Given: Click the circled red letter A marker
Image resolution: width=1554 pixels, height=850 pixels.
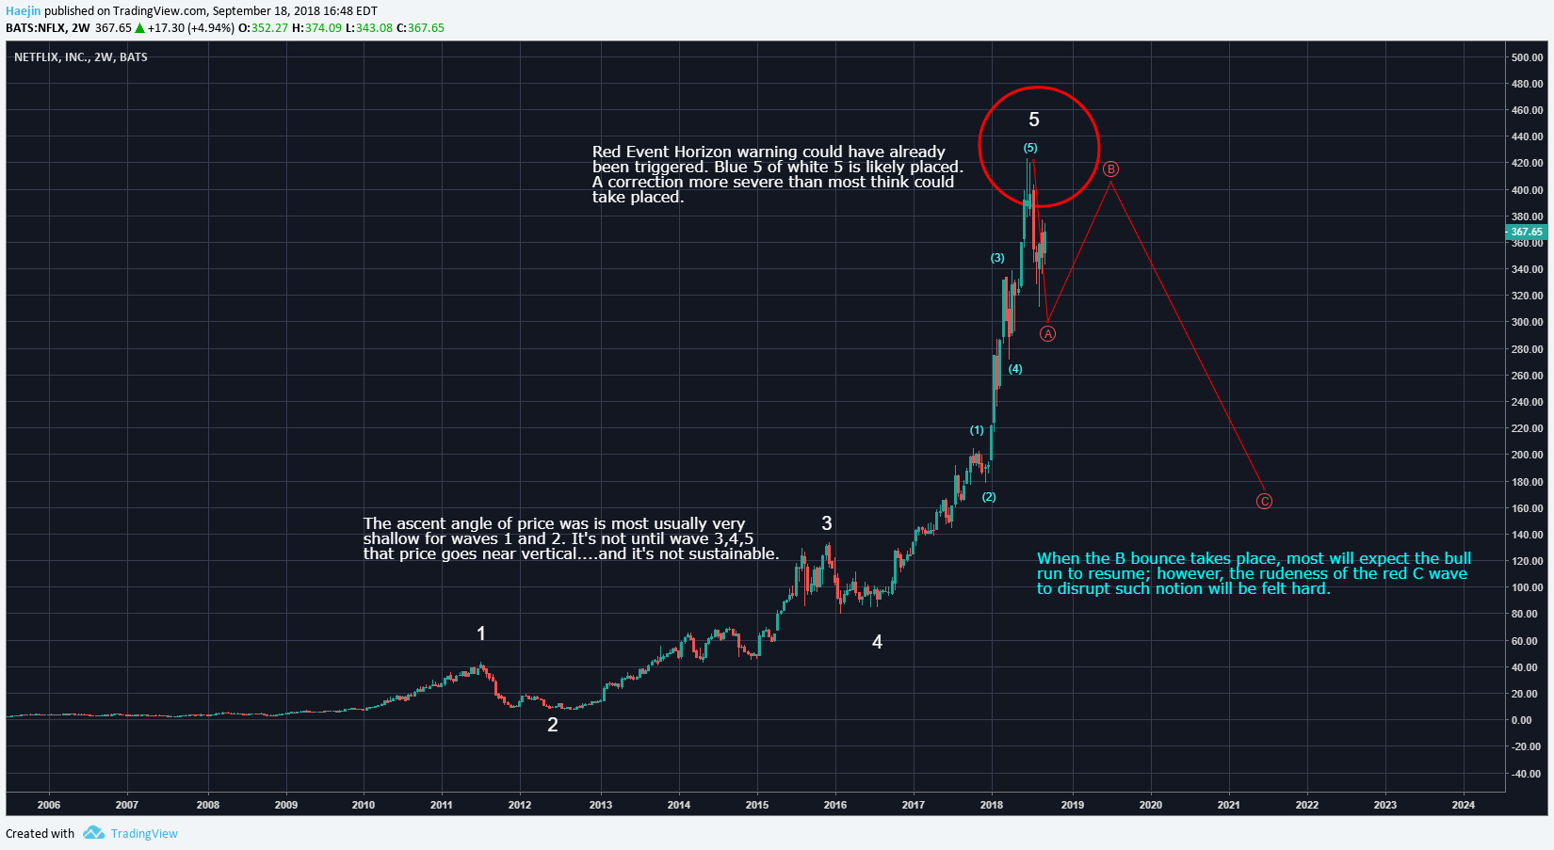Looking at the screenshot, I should point(1047,334).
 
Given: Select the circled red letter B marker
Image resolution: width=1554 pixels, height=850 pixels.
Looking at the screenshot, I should point(1110,169).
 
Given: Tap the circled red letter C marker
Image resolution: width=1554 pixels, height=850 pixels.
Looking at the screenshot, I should point(1264,502).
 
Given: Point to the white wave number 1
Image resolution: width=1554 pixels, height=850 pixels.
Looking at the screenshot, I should point(481,633).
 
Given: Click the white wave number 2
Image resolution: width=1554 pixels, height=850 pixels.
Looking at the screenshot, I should point(553,725).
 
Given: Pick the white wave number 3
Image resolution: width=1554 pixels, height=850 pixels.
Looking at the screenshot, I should point(827,523).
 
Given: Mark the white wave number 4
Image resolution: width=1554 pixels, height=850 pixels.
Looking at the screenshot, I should point(877,642).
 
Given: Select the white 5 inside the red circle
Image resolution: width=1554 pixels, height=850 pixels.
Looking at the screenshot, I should point(1034,120).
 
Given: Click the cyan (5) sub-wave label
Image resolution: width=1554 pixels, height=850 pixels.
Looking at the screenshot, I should point(1030,148).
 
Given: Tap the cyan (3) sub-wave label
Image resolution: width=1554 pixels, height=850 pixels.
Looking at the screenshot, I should point(997,258).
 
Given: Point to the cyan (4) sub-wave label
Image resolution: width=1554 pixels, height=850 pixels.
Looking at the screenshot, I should point(1015,369).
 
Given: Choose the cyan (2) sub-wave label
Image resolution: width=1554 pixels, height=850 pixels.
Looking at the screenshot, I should point(989,497).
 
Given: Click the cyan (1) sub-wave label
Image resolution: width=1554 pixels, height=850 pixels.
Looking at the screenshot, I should point(977,430).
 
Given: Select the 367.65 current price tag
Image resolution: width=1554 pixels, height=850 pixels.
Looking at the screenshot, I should point(1527,232).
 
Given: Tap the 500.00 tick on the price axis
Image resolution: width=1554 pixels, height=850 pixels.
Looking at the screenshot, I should point(1527,57).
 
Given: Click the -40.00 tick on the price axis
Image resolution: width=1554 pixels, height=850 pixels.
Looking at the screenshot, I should point(1527,774).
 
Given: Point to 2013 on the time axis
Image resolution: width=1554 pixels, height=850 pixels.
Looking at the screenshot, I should point(601,805).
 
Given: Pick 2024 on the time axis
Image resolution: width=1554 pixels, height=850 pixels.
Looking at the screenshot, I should point(1464,805).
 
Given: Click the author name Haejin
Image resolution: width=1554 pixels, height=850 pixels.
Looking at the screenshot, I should point(24,11).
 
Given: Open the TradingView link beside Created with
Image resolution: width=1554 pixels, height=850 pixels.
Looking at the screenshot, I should point(143,833).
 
